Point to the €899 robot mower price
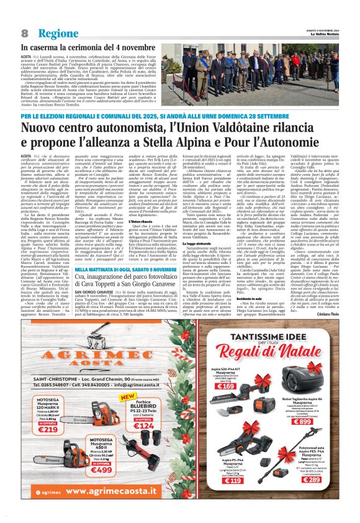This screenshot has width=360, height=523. (x=318, y=421)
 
